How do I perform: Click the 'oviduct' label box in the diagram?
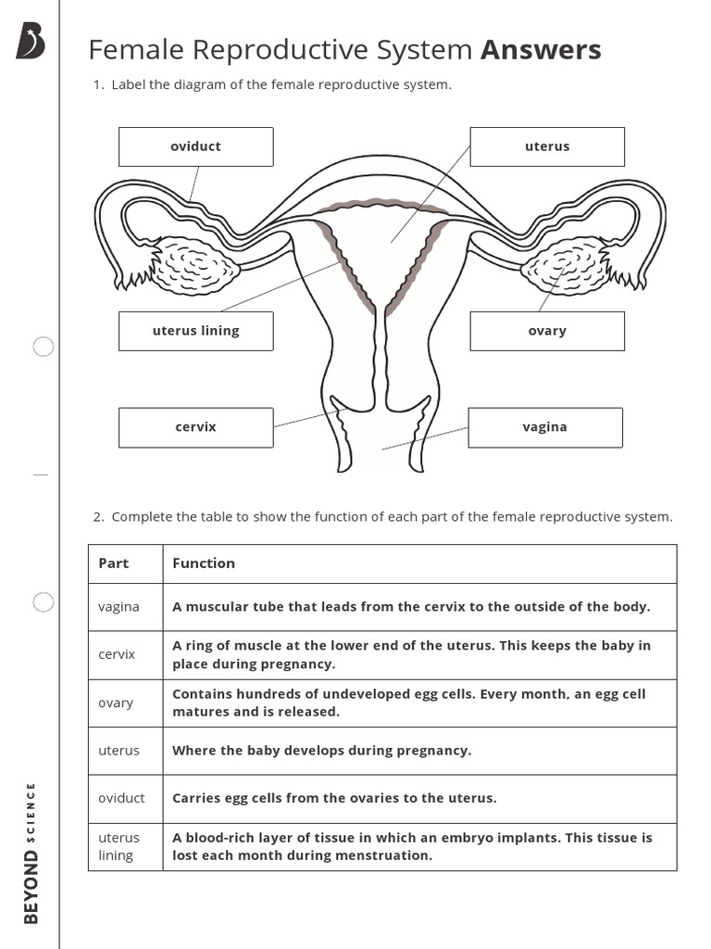pos(195,146)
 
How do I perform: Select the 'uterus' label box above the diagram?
pos(547,146)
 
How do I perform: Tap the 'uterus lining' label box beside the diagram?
pos(195,331)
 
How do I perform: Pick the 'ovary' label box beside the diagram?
pos(547,331)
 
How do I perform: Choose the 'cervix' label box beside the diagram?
pos(195,427)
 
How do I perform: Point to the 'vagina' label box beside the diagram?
pos(544,427)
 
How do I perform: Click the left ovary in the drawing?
pos(196,264)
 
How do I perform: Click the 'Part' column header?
pos(114,563)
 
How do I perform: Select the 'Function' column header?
pos(204,563)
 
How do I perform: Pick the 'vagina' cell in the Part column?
pos(118,607)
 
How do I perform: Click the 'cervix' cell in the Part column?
pos(117,654)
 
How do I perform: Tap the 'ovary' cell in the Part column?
pos(116,702)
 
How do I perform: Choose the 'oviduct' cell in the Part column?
pos(121,798)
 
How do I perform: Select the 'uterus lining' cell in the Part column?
pos(118,846)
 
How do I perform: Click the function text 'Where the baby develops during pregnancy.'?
pos(322,751)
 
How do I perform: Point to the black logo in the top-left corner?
pos(31,41)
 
